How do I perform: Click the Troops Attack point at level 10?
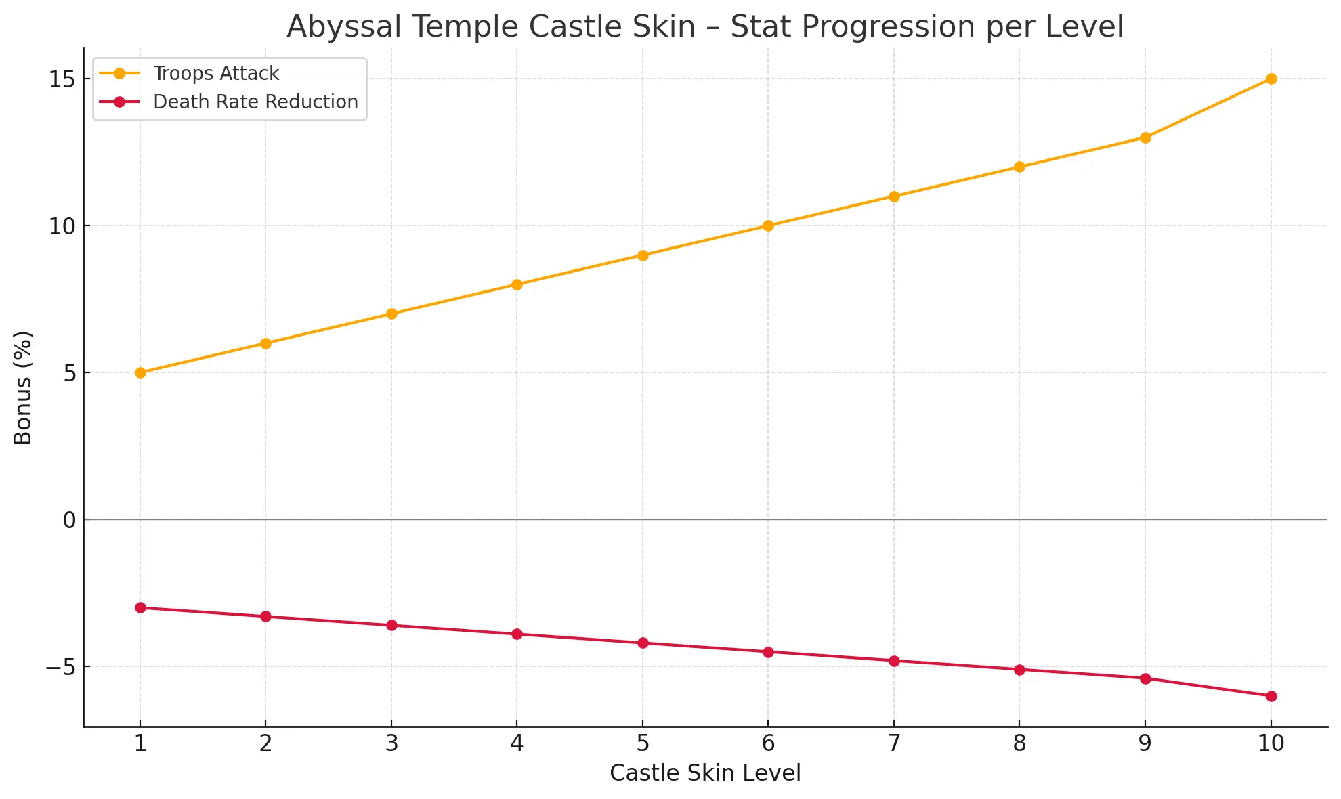coord(1271,79)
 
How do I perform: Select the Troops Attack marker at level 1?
coord(140,372)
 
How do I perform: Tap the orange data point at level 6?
coord(768,225)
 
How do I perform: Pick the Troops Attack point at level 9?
coord(1145,137)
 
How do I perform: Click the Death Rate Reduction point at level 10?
coord(1271,696)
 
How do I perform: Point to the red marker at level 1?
coord(140,607)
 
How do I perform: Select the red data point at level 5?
coord(643,643)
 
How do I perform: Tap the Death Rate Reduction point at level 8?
coord(1019,670)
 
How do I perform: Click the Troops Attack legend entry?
coord(215,73)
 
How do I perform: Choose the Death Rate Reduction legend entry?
coord(255,102)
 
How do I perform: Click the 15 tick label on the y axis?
coord(60,79)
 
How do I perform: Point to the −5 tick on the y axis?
coord(60,667)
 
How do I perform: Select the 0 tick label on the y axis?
coord(69,520)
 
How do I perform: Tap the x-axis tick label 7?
coord(894,743)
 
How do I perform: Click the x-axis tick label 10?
coord(1271,743)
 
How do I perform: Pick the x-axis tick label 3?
coord(391,743)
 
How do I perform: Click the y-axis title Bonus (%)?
coord(23,387)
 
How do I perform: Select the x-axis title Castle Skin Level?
coord(705,773)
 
